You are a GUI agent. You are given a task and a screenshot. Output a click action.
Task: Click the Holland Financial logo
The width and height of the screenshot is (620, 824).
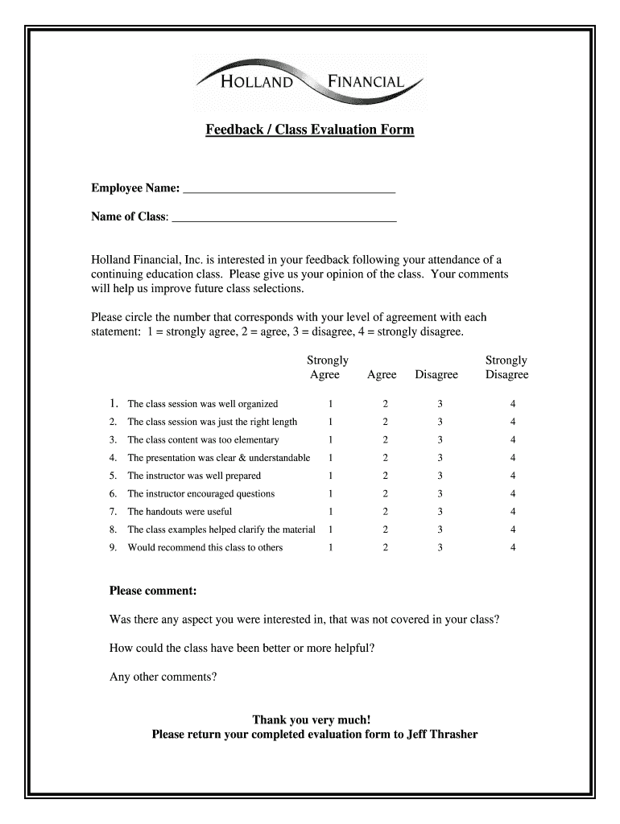tap(310, 80)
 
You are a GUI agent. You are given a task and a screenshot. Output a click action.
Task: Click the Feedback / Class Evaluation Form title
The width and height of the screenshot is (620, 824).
tap(309, 129)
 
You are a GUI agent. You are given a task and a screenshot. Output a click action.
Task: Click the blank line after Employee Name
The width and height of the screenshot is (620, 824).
tap(289, 189)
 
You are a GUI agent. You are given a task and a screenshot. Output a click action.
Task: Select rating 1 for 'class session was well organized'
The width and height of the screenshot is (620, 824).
tap(329, 404)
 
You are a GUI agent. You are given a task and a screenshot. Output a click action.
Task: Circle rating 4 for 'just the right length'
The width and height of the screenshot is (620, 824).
tap(513, 422)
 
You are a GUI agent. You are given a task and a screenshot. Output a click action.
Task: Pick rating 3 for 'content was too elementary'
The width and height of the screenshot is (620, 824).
tap(440, 440)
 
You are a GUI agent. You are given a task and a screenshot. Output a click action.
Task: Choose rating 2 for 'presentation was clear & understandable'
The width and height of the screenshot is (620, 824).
tap(385, 458)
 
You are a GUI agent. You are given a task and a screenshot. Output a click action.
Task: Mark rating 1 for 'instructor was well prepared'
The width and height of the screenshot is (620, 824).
tap(329, 476)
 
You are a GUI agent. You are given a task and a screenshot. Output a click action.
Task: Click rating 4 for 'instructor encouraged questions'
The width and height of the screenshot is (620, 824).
tap(513, 494)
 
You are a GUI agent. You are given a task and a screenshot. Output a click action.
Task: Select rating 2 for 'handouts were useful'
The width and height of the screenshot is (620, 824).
tap(385, 512)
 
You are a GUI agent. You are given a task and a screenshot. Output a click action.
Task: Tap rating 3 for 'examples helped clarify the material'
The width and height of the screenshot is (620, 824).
tap(440, 529)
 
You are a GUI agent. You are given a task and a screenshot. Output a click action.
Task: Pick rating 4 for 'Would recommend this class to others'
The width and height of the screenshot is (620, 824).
tap(513, 548)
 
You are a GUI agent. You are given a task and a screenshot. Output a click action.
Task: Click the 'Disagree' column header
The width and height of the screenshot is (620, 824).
tap(436, 375)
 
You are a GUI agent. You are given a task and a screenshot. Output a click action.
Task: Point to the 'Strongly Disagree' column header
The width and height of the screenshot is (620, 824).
tap(506, 368)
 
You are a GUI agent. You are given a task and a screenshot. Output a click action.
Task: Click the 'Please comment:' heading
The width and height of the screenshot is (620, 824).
tap(153, 591)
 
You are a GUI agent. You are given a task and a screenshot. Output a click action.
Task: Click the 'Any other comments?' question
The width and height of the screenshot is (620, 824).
tap(163, 677)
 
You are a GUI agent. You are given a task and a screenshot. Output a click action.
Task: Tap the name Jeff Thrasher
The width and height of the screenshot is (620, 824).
tap(442, 734)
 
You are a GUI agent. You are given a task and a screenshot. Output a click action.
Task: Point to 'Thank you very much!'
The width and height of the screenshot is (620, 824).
tap(312, 719)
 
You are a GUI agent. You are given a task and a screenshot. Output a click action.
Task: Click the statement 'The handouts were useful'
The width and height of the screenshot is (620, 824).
tap(180, 512)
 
